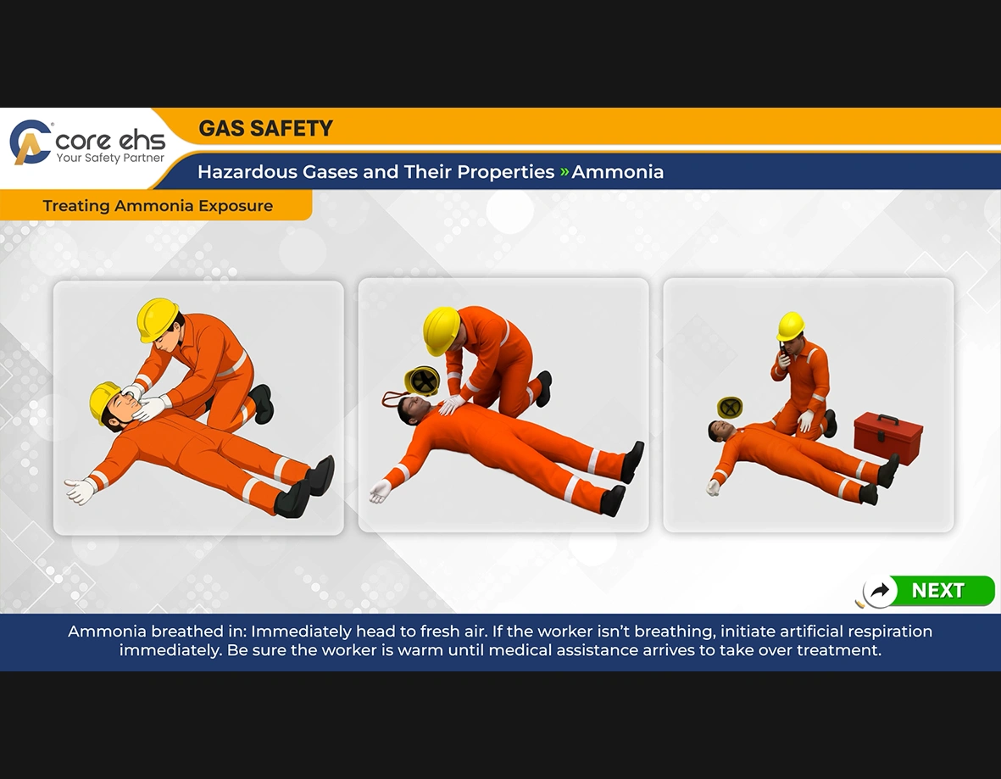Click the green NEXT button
(937, 591)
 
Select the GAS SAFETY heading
(265, 129)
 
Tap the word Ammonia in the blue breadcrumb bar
(617, 172)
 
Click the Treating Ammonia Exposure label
(158, 206)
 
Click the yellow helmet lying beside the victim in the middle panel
(421, 381)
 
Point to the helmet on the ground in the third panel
(730, 408)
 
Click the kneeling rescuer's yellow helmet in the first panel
(157, 319)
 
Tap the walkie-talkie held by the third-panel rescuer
(781, 354)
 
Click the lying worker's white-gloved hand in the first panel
(79, 491)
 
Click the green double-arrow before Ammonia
(564, 172)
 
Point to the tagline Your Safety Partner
(110, 159)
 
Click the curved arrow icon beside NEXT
(880, 591)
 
